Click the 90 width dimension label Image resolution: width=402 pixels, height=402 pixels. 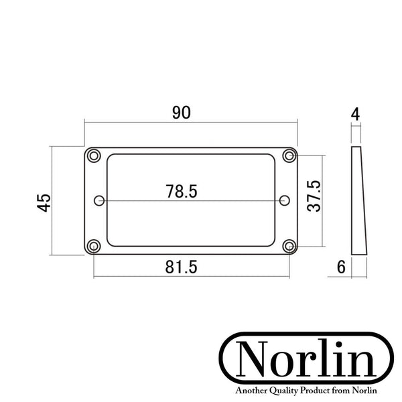pos(182,113)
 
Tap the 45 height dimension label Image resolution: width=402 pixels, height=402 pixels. pos(44,203)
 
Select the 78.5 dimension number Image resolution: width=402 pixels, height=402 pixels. pos(182,191)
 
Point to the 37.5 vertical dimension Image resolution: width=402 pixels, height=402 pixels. pos(314,196)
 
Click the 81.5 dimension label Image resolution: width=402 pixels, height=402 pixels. pos(182,267)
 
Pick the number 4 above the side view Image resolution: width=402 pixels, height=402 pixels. pos(355,115)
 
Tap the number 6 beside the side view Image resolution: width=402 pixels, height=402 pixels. pos(341,267)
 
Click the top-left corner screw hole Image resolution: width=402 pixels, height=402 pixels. pos(94,155)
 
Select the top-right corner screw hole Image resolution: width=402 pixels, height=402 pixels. pos(289,155)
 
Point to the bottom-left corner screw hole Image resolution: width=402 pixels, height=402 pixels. pos(94,246)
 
